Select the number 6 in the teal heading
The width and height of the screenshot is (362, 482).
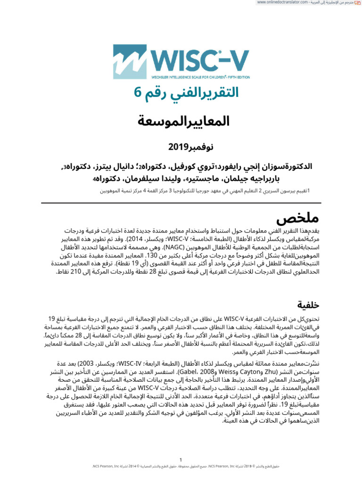coord(137,93)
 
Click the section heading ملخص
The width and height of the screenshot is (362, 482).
coord(297,219)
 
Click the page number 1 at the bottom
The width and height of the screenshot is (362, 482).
coord(181,460)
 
